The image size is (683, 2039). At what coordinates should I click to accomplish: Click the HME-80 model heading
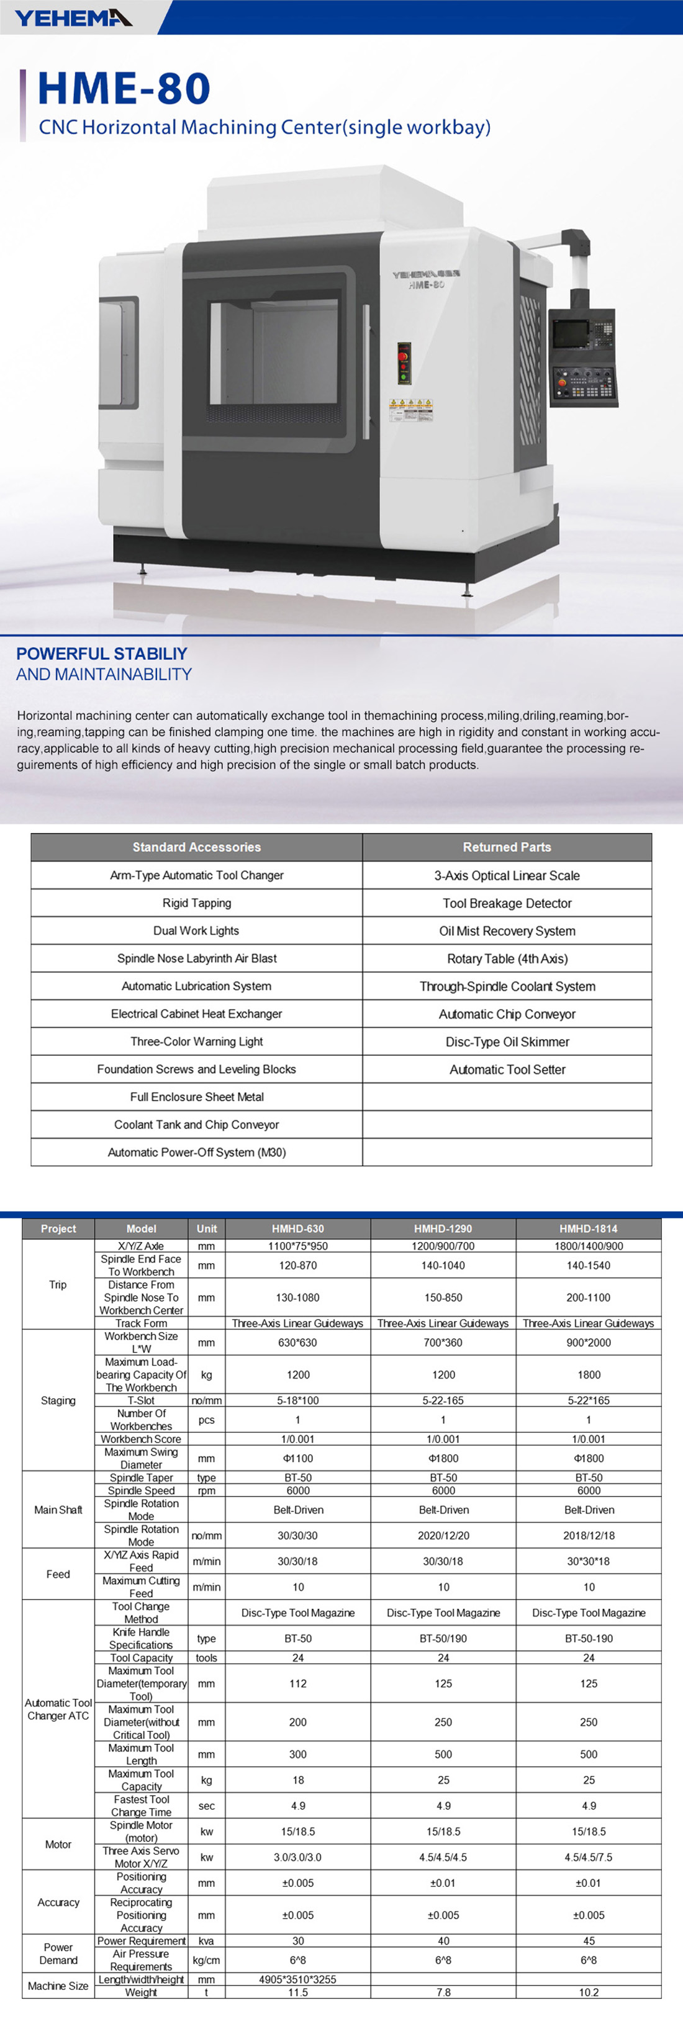[124, 89]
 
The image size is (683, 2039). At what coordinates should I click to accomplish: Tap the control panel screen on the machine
[571, 333]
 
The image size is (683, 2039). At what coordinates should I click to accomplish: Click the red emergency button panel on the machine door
[404, 362]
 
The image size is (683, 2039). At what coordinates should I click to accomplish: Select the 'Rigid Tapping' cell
[196, 903]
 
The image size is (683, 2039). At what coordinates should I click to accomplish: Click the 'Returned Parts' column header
[507, 847]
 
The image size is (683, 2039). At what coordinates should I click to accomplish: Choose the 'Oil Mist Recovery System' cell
[507, 931]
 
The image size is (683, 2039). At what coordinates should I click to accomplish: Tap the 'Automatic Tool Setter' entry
[507, 1069]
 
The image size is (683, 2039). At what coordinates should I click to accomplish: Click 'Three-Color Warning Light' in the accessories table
[196, 1042]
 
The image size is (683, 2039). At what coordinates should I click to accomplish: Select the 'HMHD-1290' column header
[443, 1228]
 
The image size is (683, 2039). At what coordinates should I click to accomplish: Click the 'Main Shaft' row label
[58, 1510]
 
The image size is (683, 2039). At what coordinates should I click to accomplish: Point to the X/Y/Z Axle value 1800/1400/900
[588, 1246]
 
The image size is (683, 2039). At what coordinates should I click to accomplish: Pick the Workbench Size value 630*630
[297, 1343]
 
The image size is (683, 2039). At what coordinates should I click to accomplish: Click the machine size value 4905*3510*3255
[297, 1979]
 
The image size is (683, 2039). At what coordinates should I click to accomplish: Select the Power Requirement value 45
[588, 1941]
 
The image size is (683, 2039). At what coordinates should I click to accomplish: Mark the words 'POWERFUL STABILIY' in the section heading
[101, 654]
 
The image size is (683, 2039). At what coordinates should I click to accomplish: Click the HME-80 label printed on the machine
[426, 285]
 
